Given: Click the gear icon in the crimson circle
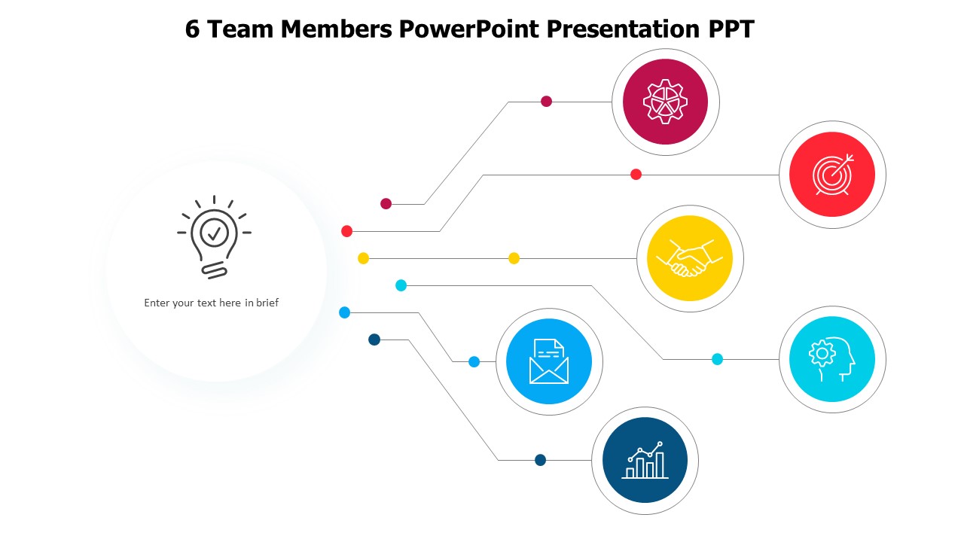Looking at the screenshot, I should [x=665, y=102].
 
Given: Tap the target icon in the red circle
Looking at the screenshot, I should [x=832, y=175].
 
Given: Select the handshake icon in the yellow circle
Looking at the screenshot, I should [x=690, y=258].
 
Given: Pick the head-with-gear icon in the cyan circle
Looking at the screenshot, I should [x=832, y=359].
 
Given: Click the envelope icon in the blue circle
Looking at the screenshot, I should [x=549, y=361].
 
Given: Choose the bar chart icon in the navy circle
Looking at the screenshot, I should [x=645, y=460].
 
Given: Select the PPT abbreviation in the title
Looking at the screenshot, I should [x=729, y=29].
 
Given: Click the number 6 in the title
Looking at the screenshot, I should [x=193, y=29].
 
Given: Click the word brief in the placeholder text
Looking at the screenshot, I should [x=267, y=303].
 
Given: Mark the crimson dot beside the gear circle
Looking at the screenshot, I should [x=547, y=102].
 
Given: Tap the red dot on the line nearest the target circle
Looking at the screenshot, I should [x=636, y=175].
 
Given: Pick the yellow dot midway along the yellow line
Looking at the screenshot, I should [x=514, y=258].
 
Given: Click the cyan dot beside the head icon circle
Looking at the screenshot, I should [x=717, y=359].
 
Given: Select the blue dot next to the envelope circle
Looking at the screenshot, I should [x=474, y=361].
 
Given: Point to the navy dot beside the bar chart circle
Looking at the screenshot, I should [x=540, y=460].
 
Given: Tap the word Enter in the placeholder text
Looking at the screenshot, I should [x=157, y=303].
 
